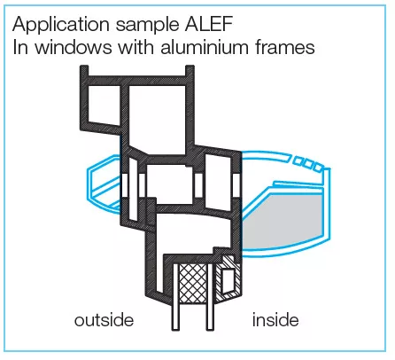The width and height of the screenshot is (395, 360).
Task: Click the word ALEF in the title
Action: tap(209, 24)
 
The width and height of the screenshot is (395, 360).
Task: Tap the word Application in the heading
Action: tap(61, 25)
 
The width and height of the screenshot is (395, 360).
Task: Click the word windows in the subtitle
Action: tap(74, 47)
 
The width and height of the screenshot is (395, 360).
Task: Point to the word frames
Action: tap(285, 47)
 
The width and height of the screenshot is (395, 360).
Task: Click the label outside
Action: tap(104, 320)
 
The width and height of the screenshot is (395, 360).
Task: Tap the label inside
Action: tap(275, 320)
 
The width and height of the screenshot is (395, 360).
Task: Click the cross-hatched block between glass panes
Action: tap(193, 283)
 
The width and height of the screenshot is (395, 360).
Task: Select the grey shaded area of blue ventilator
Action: tap(281, 220)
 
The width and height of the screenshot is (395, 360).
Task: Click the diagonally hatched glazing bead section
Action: tap(228, 277)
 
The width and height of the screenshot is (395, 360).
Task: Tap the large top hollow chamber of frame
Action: tap(158, 120)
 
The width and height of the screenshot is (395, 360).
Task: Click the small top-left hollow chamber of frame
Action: tap(105, 105)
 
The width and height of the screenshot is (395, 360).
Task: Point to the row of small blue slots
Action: tap(307, 163)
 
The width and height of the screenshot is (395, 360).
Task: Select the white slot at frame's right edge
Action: tap(236, 185)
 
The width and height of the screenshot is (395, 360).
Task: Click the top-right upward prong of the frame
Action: tap(190, 71)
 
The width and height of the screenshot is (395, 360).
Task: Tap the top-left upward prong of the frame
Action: tap(84, 71)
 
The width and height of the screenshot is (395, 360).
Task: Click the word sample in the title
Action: tap(147, 25)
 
